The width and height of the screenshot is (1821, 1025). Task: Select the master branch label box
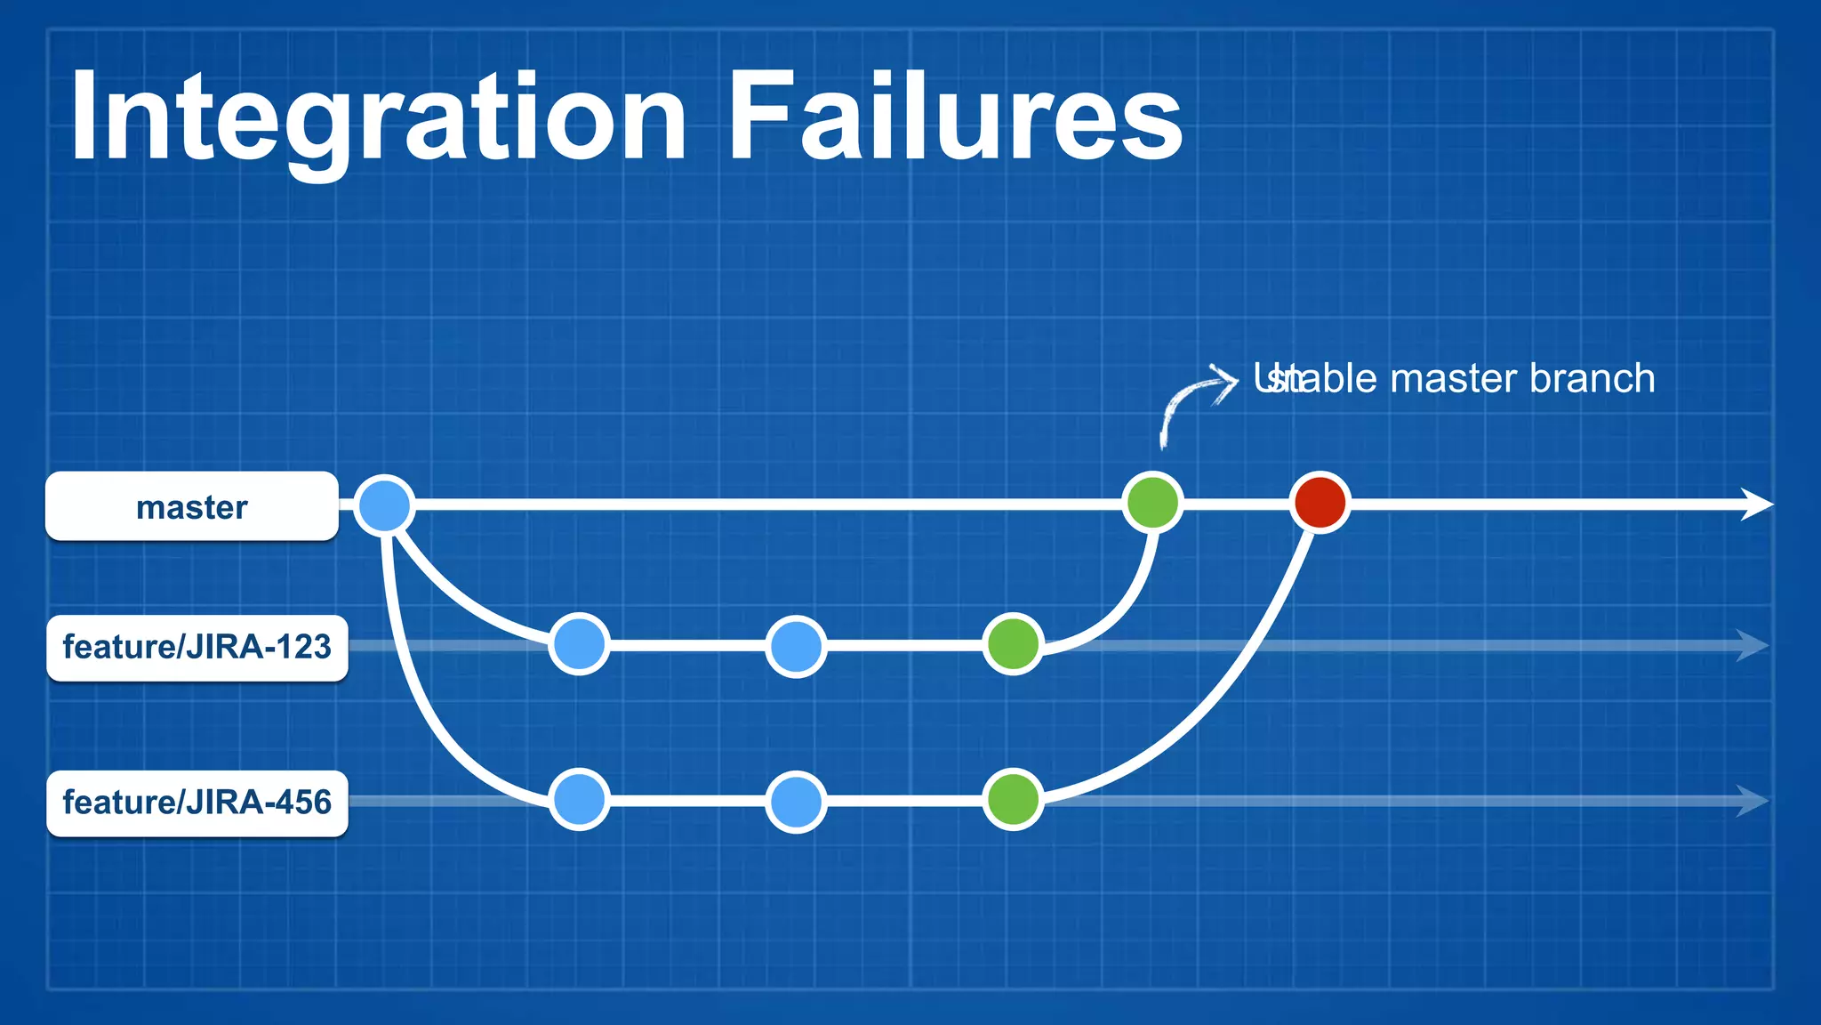(x=192, y=506)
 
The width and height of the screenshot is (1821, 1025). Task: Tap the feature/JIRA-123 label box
(x=197, y=648)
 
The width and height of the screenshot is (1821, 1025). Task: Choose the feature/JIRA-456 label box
(x=197, y=803)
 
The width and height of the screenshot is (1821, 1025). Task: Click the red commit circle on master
(x=1320, y=503)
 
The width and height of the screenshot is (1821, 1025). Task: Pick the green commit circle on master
(x=1153, y=503)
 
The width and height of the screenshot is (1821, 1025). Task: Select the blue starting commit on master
(x=384, y=504)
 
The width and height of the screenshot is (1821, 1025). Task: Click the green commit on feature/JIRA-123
(x=1014, y=644)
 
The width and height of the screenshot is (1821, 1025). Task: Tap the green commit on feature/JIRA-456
(x=1014, y=800)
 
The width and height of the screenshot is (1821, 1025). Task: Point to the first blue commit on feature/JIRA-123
(x=580, y=644)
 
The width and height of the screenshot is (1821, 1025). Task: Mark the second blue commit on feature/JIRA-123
(x=796, y=646)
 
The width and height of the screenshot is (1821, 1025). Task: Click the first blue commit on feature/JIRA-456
(x=580, y=800)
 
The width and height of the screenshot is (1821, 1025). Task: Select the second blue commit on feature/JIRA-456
(x=796, y=802)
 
